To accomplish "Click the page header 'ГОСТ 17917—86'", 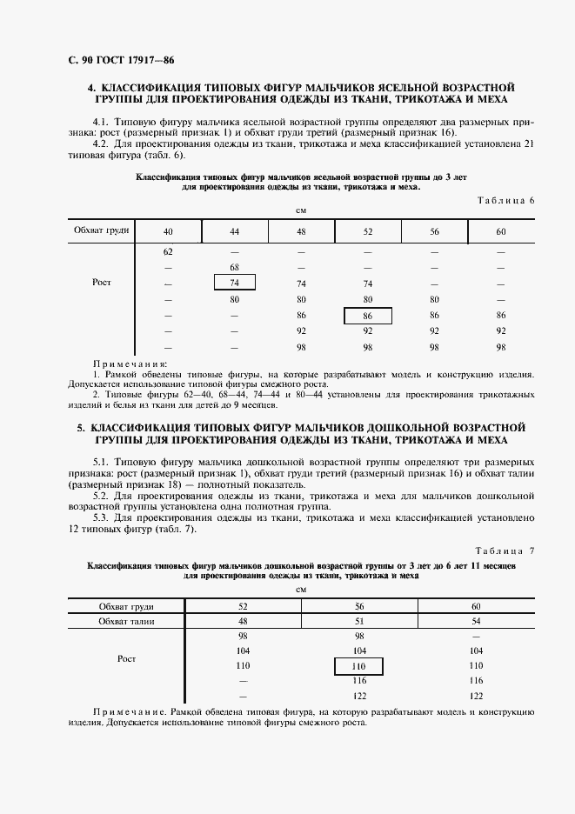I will [x=115, y=60].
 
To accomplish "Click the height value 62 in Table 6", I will [x=168, y=251].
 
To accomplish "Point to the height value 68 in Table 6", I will [x=234, y=267].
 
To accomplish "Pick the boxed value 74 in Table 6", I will [x=234, y=283].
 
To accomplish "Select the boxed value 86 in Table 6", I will [x=367, y=316].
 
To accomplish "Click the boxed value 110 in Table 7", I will [x=359, y=665].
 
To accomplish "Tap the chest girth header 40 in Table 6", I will [x=168, y=230].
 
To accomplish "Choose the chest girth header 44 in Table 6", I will [x=234, y=230].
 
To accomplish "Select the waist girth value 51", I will [x=359, y=621].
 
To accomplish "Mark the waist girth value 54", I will [x=475, y=621].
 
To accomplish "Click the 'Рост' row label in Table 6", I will [x=101, y=283].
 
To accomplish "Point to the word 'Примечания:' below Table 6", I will [x=130, y=364].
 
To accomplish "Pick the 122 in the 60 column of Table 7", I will [x=475, y=697].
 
